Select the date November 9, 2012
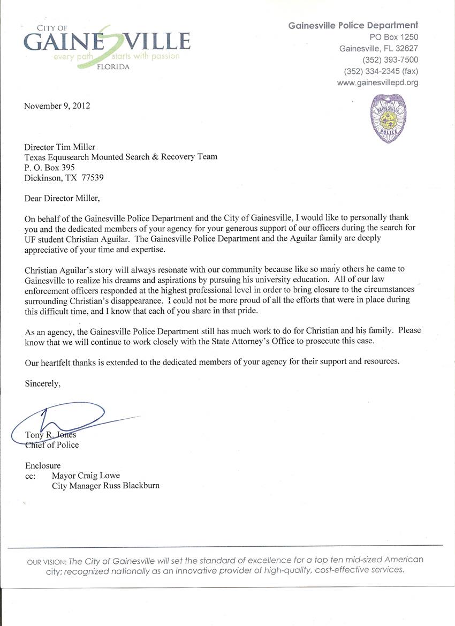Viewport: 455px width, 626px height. coord(57,105)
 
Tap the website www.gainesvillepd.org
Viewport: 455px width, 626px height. coord(377,82)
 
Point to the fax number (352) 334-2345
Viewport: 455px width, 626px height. coord(381,71)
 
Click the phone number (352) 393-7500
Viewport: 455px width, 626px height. coord(390,60)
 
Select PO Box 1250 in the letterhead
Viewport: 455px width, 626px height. coord(394,37)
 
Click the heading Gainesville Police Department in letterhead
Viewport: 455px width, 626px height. coord(353,25)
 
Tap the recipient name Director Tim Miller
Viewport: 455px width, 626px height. coord(59,147)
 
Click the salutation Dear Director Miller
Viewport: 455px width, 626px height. coord(62,198)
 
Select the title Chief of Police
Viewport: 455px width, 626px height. coord(52,445)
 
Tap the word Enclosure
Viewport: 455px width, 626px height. coord(43,465)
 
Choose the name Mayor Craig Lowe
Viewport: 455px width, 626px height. coord(86,476)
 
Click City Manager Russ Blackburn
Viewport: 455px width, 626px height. coord(105,486)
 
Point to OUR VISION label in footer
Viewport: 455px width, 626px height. coord(46,562)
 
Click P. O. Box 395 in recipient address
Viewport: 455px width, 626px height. coord(50,167)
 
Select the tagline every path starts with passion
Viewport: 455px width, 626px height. coord(117,56)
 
